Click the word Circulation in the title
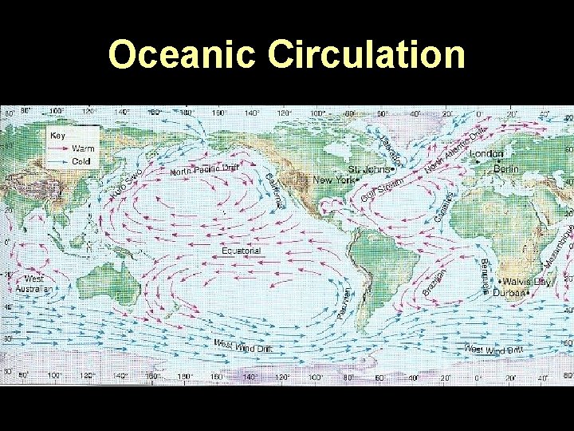(367, 55)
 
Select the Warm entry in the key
(83, 148)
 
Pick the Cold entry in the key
(81, 161)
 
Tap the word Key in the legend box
(58, 136)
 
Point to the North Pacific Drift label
(204, 169)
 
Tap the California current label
(273, 189)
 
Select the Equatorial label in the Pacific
(241, 251)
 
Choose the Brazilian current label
(434, 285)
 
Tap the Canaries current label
(445, 207)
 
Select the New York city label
(333, 181)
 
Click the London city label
(487, 154)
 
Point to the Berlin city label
(505, 169)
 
